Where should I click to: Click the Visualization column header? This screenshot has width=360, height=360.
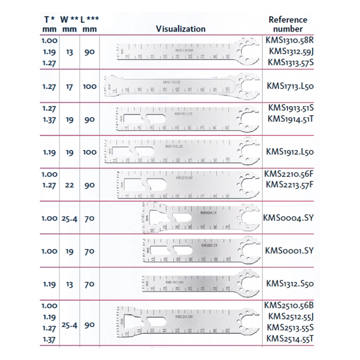tap(180, 29)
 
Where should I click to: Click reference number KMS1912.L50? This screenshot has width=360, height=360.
tap(288, 152)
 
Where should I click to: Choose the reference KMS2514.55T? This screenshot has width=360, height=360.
tap(288, 338)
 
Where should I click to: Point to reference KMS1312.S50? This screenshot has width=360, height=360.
tap(288, 283)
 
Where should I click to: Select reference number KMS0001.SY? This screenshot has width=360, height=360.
tap(288, 251)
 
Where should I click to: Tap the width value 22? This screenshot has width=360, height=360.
tap(69, 184)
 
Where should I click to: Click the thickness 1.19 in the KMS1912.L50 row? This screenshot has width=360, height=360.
tap(49, 152)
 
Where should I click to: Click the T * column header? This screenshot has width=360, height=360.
tap(49, 19)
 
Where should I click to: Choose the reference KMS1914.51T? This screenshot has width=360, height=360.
tap(288, 118)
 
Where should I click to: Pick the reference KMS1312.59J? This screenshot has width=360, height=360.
tap(288, 52)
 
